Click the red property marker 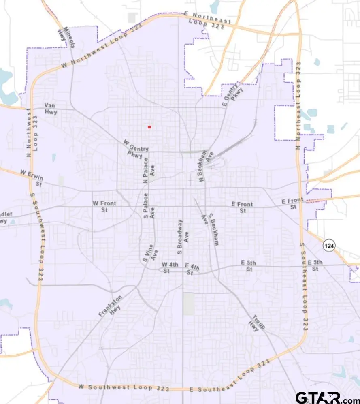pos(149,127)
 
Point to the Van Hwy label pos(51,108)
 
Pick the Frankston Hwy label pos(110,306)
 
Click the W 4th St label pos(170,267)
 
